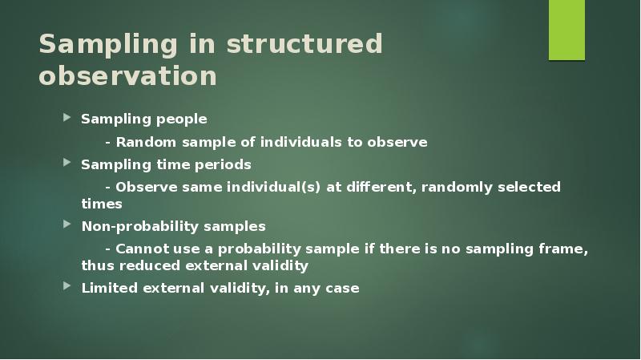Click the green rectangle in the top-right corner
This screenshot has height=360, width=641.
pyautogui.click(x=566, y=30)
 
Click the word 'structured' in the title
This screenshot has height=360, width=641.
pyautogui.click(x=304, y=44)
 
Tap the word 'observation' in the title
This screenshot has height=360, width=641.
pyautogui.click(x=128, y=75)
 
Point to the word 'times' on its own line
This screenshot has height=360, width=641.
pyautogui.click(x=102, y=204)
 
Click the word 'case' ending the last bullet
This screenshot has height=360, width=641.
pyautogui.click(x=342, y=289)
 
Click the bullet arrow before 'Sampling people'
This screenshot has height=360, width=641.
pyautogui.click(x=67, y=119)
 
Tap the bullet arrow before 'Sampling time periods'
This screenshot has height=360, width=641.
pyautogui.click(x=67, y=164)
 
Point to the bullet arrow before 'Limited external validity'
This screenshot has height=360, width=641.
pyautogui.click(x=67, y=288)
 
